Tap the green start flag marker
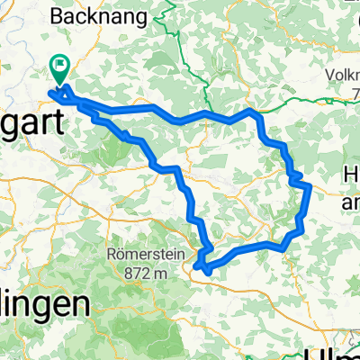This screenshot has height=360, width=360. (x=62, y=65)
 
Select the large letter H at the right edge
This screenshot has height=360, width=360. (x=351, y=176)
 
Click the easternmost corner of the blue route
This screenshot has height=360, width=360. (x=309, y=186)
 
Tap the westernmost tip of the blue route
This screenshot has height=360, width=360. (x=51, y=91)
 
